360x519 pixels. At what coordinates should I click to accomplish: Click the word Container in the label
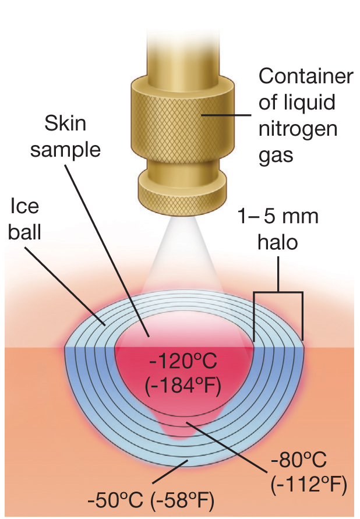pos(306,76)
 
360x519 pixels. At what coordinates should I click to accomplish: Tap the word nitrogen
pos(298,129)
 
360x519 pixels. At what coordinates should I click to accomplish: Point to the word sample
pos(65,150)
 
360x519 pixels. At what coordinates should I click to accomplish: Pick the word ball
pos(24,232)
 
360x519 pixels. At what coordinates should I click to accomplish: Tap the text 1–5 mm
pos(278,217)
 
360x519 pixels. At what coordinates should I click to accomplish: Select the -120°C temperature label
pos(183,361)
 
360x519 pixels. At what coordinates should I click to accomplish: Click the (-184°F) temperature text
pos(183,386)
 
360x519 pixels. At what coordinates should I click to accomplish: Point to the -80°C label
pos(298,460)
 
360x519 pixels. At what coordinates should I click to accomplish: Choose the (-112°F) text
pos(309,485)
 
